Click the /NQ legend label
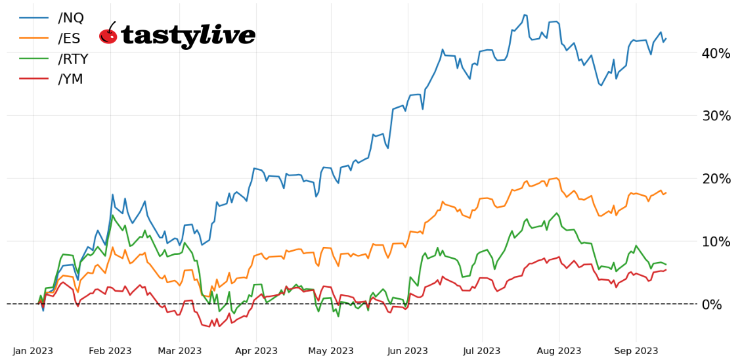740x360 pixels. [x=71, y=18]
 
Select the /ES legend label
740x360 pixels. [x=70, y=39]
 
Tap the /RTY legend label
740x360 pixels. [x=73, y=59]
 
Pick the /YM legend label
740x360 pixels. [x=71, y=79]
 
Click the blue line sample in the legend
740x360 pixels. [x=33, y=18]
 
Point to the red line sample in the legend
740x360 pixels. [x=33, y=79]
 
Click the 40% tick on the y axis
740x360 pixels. [x=716, y=53]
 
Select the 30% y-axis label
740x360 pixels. [x=716, y=116]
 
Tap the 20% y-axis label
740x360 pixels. [x=716, y=179]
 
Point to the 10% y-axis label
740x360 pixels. [x=716, y=242]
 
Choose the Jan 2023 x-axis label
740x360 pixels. [x=33, y=351]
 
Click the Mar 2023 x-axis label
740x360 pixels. [x=179, y=351]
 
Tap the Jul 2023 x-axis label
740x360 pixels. [x=482, y=351]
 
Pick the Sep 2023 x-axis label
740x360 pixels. [x=636, y=351]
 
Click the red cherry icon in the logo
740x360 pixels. [x=108, y=35]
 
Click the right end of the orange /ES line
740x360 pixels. [x=666, y=192]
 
